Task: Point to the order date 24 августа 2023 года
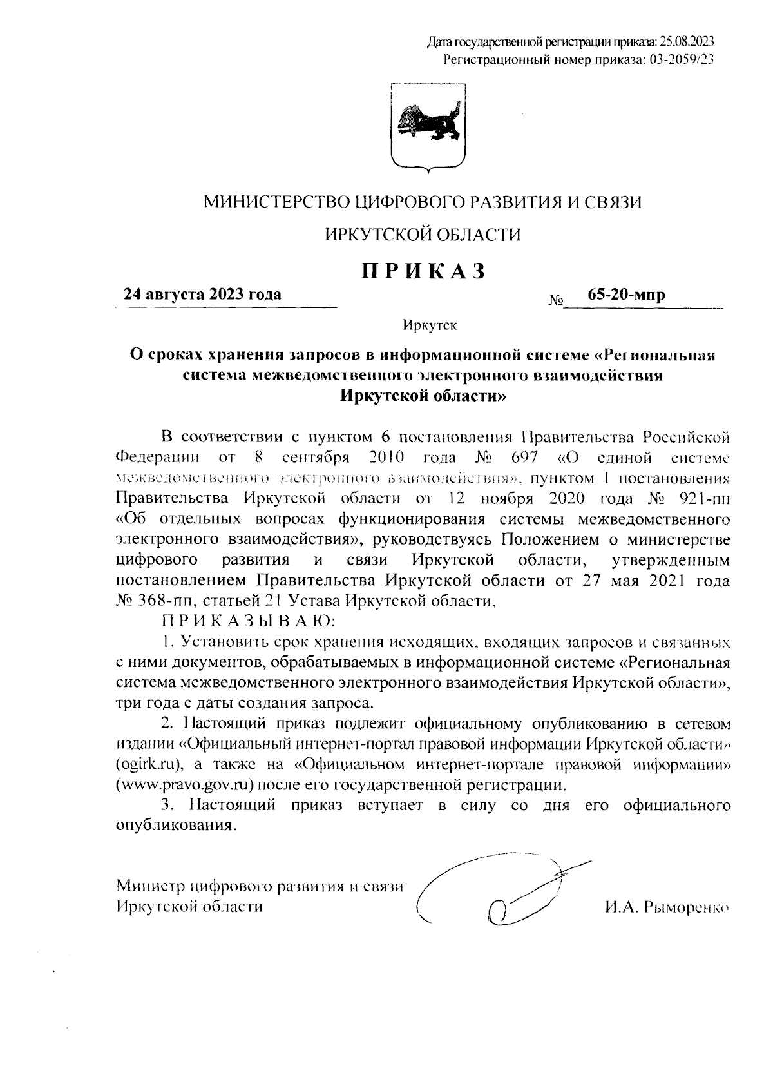(203, 295)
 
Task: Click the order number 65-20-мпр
(626, 295)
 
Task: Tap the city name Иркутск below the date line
(430, 325)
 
